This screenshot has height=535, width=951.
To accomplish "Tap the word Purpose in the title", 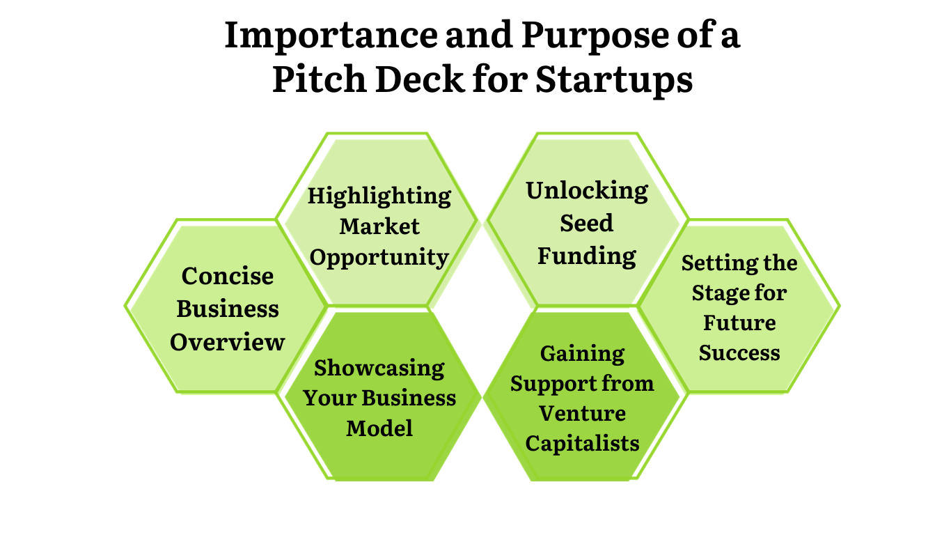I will (x=580, y=36).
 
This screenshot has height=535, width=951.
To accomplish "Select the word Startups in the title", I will (x=614, y=79).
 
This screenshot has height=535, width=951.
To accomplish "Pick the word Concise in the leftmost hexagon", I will (x=228, y=276).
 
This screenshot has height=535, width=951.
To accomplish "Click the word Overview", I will (x=228, y=342).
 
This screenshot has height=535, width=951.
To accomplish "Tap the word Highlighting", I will (x=379, y=196).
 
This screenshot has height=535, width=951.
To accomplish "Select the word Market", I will (x=379, y=226).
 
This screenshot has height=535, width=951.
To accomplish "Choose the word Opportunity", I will (x=379, y=257).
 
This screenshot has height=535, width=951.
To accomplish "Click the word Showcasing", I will (x=379, y=367).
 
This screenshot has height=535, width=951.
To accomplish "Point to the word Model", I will (x=379, y=428).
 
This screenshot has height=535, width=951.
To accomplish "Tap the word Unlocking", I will (x=587, y=190).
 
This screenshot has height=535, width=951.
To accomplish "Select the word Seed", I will (x=587, y=223).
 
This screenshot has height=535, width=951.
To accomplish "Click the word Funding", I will (x=587, y=256).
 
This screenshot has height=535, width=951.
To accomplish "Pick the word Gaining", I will (x=582, y=353).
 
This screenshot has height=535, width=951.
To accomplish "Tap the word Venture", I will (x=582, y=413).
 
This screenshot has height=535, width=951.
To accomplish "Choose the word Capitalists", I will (x=582, y=443).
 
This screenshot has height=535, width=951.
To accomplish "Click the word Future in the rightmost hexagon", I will (x=739, y=323).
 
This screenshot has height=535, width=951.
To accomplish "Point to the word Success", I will (x=739, y=352).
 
